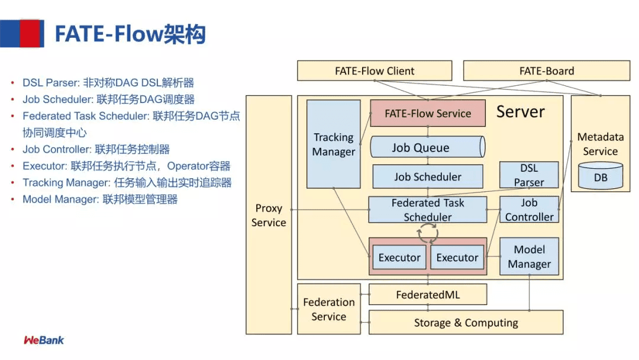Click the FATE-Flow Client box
click(x=375, y=71)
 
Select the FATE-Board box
click(x=546, y=71)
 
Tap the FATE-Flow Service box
click(x=427, y=113)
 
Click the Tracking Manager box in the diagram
click(x=333, y=144)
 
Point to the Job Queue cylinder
click(x=426, y=147)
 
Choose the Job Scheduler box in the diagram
click(x=427, y=176)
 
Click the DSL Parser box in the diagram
click(x=528, y=175)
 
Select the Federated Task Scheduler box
click(x=427, y=210)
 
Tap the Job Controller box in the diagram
click(x=529, y=210)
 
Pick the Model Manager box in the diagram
click(x=529, y=256)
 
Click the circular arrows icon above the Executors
click(x=427, y=234)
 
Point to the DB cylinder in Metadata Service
click(x=600, y=176)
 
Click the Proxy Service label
click(x=269, y=216)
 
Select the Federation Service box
click(x=329, y=309)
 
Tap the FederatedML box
click(x=427, y=294)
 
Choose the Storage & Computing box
click(x=466, y=323)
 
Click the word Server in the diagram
click(x=520, y=112)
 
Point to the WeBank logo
click(x=44, y=340)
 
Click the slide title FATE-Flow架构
click(x=130, y=34)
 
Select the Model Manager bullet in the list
click(x=99, y=200)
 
